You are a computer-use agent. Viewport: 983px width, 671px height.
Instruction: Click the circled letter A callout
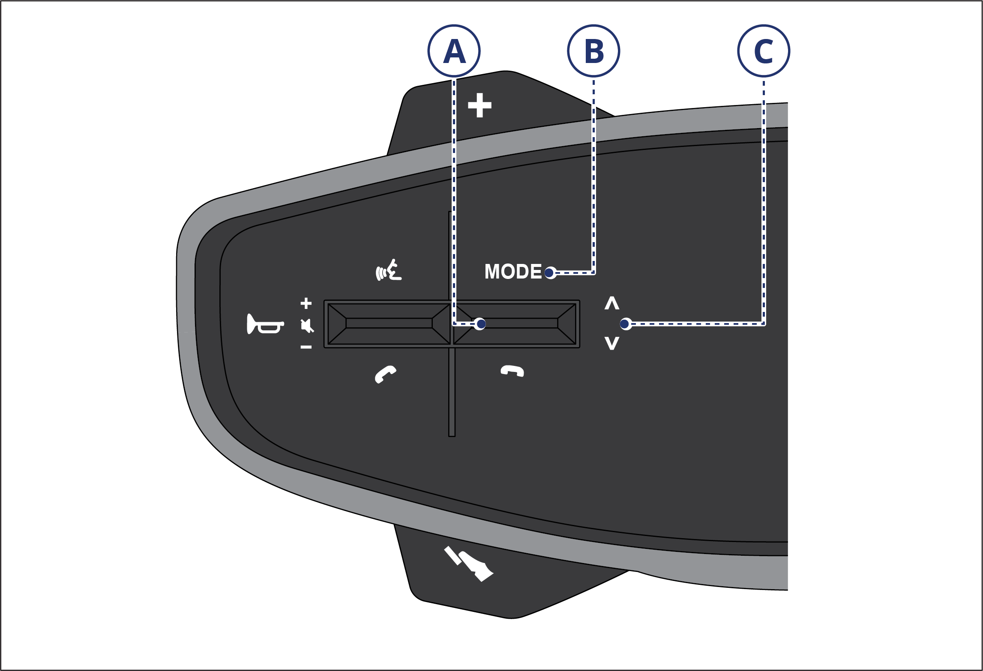pos(454,51)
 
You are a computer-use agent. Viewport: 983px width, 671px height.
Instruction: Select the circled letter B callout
pos(593,51)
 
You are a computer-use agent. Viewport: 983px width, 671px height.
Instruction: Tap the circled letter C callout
pos(764,51)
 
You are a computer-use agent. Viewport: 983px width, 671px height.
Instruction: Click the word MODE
pos(513,272)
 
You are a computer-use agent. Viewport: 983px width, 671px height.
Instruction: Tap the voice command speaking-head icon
pos(389,271)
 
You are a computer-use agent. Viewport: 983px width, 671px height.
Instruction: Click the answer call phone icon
pos(385,374)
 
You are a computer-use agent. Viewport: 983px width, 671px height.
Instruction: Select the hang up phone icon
pos(512,371)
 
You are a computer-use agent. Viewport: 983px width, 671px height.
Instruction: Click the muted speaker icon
pos(307,326)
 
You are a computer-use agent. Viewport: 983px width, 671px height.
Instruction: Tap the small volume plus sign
pos(306,303)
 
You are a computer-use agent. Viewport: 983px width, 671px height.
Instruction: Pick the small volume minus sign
pos(306,347)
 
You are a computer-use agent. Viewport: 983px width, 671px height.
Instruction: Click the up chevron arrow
pos(612,303)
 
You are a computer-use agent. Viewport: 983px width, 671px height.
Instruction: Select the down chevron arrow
pos(612,343)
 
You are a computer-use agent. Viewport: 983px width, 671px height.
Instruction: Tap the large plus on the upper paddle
pos(480,105)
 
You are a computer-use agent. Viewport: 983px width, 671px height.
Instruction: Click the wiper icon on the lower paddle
pos(469,563)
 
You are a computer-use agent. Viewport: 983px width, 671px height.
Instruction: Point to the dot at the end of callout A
pos(481,324)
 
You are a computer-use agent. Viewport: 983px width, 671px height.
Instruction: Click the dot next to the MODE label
pos(549,273)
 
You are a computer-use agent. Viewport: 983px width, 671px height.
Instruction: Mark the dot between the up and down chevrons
pos(625,324)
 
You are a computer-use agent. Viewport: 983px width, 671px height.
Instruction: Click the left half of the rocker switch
pos(389,324)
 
